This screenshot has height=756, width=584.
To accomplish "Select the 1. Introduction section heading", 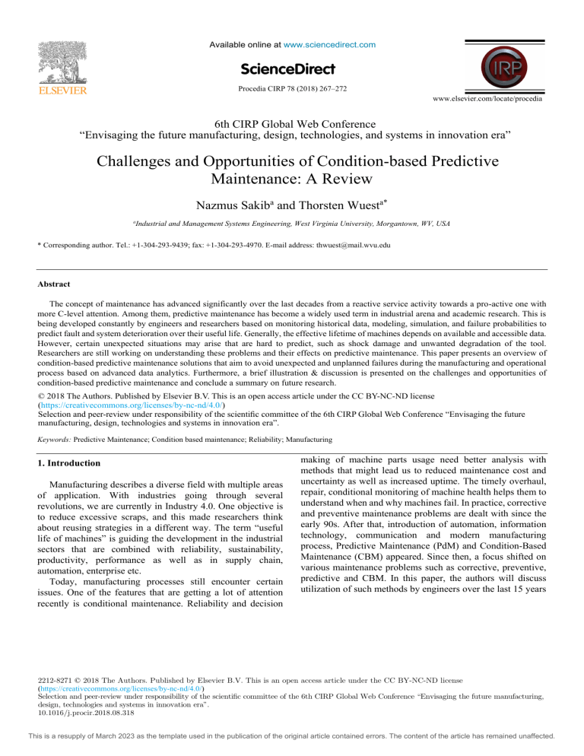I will click(x=71, y=462).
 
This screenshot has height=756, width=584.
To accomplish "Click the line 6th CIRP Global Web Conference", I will click(x=291, y=125).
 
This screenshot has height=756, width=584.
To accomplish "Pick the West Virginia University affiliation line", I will click(x=291, y=223).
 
